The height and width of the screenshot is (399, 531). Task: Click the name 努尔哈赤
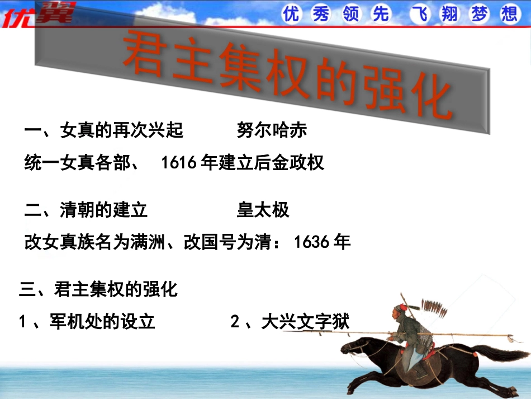[x=272, y=130]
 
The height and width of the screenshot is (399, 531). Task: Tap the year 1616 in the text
[x=178, y=163]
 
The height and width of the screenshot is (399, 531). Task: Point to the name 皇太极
[x=263, y=210]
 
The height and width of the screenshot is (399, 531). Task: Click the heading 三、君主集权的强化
[x=98, y=289]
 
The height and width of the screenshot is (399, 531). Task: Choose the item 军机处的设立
[x=102, y=322]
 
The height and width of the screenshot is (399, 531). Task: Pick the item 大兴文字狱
[x=305, y=322]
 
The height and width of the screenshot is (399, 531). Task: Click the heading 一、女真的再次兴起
[x=104, y=130]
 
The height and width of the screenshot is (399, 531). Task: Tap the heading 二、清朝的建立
[x=87, y=210]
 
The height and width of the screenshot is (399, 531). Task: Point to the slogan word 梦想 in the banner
[x=494, y=14]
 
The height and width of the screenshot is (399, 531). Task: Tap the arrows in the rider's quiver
[x=431, y=307]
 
